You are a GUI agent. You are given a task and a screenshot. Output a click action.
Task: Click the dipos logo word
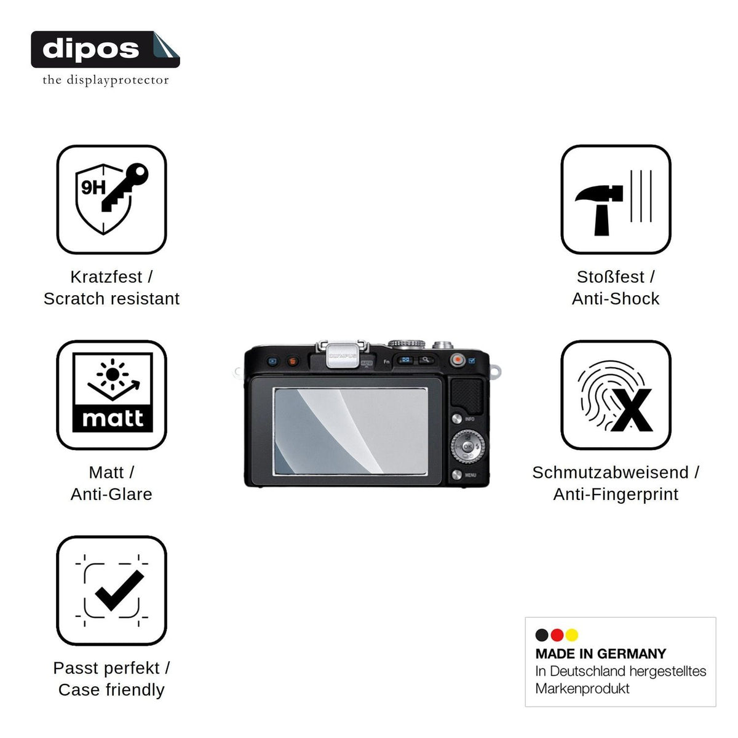(x=90, y=49)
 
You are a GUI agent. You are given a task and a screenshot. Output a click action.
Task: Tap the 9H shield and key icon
(x=111, y=199)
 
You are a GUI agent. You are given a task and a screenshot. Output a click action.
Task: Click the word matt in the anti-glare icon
(x=113, y=419)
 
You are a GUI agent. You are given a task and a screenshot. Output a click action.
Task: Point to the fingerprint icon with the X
(x=614, y=395)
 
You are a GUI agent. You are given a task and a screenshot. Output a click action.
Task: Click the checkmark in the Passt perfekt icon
(x=119, y=590)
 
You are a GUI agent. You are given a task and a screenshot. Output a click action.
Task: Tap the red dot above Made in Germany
(x=557, y=635)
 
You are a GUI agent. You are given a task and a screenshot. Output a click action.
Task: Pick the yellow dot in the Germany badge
(x=571, y=635)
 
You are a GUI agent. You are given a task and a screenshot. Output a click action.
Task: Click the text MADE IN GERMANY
(x=600, y=654)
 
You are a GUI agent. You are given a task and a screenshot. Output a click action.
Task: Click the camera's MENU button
(x=456, y=475)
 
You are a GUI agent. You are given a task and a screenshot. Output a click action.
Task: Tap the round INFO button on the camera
(x=456, y=419)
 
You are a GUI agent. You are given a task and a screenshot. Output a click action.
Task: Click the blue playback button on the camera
(x=272, y=361)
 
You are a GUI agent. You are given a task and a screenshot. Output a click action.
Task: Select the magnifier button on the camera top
(x=426, y=360)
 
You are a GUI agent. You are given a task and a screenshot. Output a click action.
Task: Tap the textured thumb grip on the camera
(x=467, y=396)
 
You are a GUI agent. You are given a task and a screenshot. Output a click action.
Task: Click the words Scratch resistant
(x=111, y=298)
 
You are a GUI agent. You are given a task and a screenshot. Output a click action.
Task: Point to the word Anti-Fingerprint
(x=616, y=494)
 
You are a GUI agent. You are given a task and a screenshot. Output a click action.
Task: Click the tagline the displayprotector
(x=106, y=80)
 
